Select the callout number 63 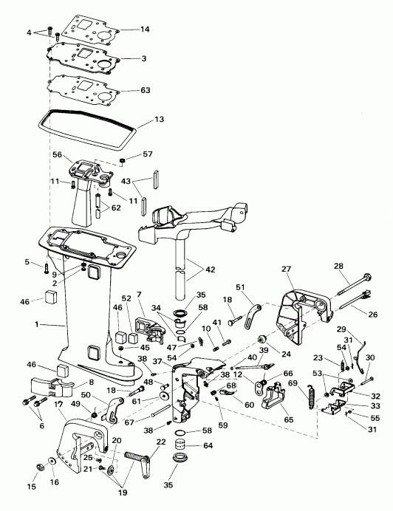tap(145, 90)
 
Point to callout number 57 tap(148, 154)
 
